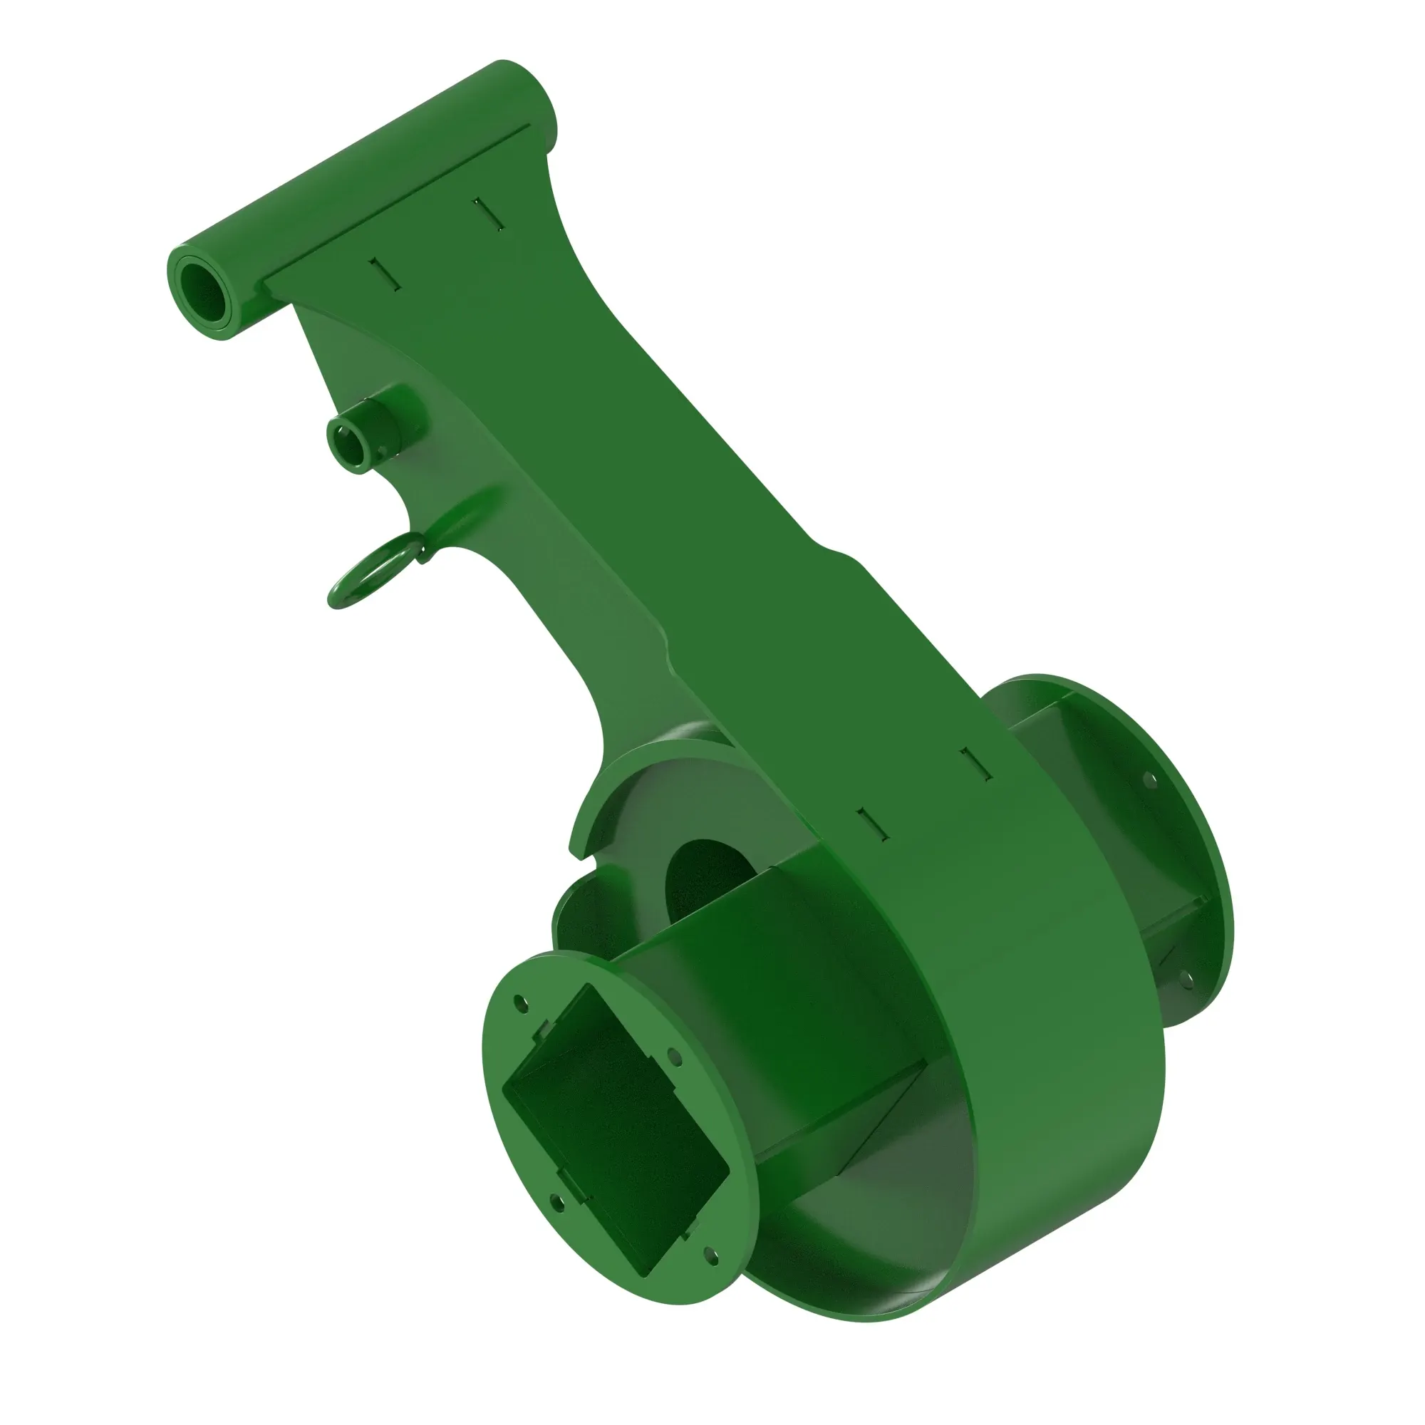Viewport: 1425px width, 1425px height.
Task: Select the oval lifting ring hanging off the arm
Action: [x=368, y=572]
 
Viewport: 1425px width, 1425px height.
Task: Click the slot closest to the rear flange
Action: [x=976, y=764]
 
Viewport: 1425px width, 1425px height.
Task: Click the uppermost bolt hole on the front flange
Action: [x=521, y=1003]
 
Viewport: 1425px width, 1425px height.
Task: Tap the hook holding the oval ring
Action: [x=422, y=549]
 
